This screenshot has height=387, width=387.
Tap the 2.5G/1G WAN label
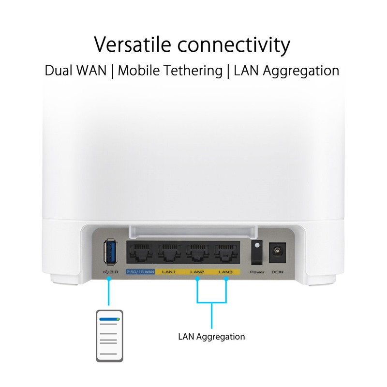pos(140,273)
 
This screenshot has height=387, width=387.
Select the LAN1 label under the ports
pos(169,273)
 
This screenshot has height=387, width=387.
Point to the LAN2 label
pos(197,273)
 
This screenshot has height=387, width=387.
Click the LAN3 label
pos(226,273)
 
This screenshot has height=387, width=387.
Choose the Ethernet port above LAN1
pos(169,253)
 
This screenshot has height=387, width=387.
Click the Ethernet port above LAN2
pos(197,253)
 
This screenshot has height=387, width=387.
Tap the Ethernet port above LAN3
pos(225,253)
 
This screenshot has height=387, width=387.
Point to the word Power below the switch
pos(256,273)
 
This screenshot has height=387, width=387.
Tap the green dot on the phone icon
pos(118,319)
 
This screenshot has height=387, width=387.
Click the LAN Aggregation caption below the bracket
pos(211,336)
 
